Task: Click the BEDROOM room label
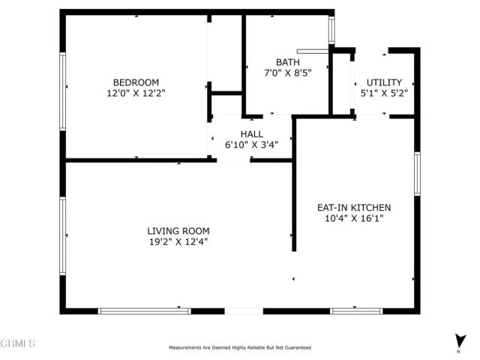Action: (x=136, y=82)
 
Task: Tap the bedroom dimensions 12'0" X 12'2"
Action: (x=136, y=94)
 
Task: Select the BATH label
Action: (x=288, y=62)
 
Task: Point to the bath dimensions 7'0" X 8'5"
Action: (x=288, y=73)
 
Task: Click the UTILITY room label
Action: (x=384, y=82)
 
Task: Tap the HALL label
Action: (x=251, y=134)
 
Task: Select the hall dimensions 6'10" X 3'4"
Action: (x=251, y=145)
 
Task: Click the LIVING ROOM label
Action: (x=178, y=231)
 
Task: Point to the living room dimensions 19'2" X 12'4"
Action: (x=178, y=242)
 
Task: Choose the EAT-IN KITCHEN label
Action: (x=354, y=208)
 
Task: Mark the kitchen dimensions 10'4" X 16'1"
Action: (x=354, y=219)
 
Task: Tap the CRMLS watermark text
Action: (x=19, y=343)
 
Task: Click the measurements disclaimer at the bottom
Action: (x=239, y=348)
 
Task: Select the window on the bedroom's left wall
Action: (x=63, y=86)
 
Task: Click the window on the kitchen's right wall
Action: (x=417, y=175)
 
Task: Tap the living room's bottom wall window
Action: (x=144, y=310)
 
